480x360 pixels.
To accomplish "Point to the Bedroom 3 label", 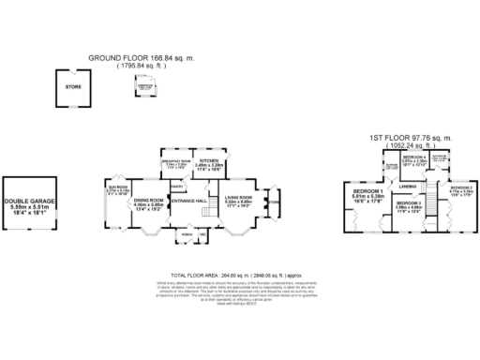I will coord(409,204).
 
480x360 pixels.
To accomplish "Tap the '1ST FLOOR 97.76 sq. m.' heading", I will coord(403,137).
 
